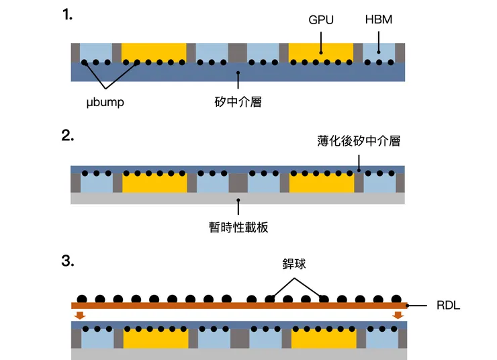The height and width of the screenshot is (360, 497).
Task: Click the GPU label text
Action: (321, 20)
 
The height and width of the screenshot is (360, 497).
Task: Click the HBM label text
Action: (378, 20)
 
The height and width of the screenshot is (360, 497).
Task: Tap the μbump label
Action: (105, 103)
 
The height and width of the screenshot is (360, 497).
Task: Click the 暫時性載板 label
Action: (238, 226)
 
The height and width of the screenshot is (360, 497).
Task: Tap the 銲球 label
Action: (294, 264)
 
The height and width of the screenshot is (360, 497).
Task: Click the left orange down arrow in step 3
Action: (80, 315)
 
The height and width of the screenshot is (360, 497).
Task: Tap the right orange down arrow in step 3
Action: (398, 315)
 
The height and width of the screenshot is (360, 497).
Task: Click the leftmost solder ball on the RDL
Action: (82, 298)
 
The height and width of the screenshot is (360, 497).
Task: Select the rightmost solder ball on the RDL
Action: (396, 298)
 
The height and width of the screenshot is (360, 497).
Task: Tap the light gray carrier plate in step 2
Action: (238, 199)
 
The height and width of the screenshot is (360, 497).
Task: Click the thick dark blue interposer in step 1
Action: (238, 73)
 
